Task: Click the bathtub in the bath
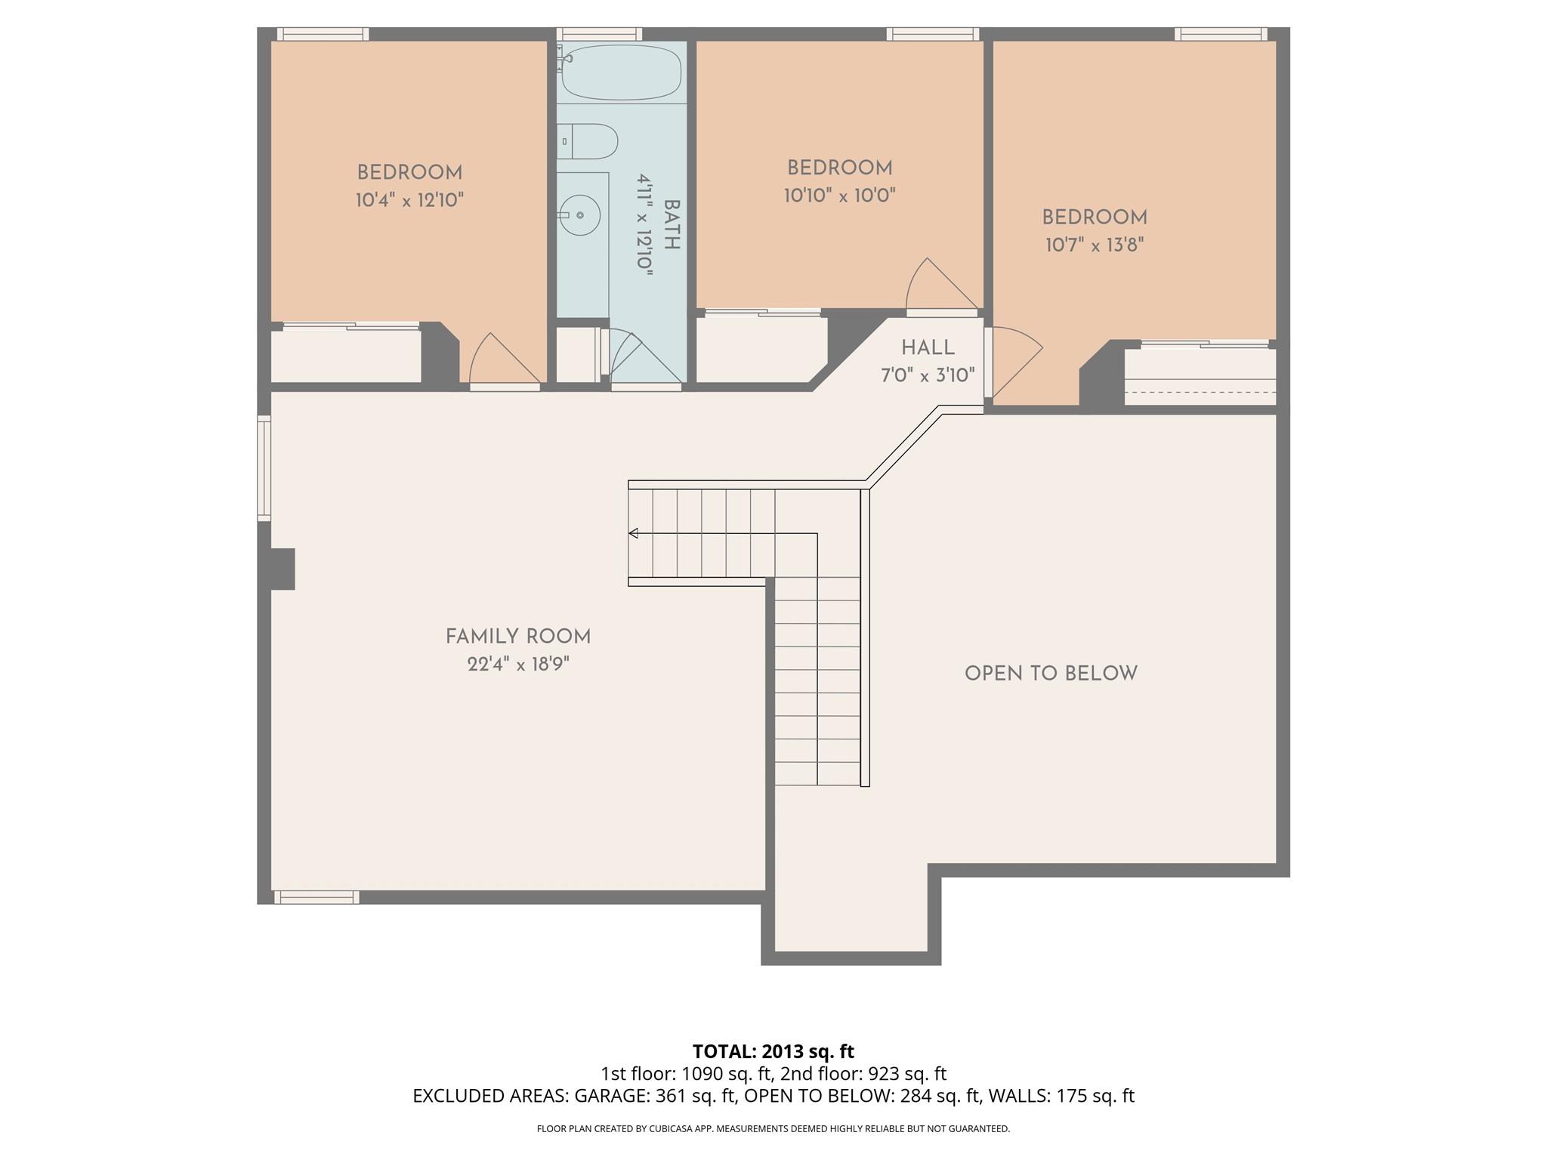(621, 72)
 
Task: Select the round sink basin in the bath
(579, 215)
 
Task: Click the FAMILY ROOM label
(517, 637)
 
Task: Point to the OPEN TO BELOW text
(1051, 674)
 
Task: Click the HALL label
(928, 348)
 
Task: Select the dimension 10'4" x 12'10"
(409, 200)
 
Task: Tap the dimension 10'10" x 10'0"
(839, 196)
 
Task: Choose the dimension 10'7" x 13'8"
(1095, 245)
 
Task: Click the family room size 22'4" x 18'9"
(517, 665)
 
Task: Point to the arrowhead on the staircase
(633, 534)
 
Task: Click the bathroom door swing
(638, 358)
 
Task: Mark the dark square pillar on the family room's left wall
(282, 569)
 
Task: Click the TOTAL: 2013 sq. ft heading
(773, 1051)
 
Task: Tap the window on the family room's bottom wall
(316, 897)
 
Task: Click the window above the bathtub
(599, 34)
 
